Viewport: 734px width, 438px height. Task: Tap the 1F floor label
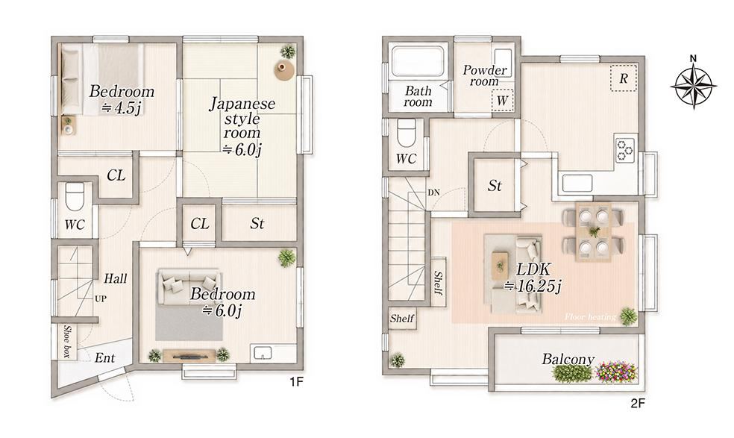click(x=296, y=382)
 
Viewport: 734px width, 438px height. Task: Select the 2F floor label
click(x=638, y=404)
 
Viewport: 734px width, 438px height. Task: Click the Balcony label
click(x=568, y=360)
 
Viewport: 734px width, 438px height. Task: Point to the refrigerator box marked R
click(x=624, y=78)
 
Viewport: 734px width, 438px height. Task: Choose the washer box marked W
click(x=502, y=100)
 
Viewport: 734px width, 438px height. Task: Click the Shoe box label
click(x=66, y=342)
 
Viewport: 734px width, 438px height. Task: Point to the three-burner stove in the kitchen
click(x=625, y=150)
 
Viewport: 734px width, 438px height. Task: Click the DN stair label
click(x=433, y=193)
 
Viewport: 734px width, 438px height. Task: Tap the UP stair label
click(x=101, y=298)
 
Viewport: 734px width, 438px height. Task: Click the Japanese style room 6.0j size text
click(x=242, y=150)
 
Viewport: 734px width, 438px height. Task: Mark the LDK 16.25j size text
click(x=533, y=285)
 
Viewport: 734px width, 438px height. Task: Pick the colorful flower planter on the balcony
click(x=616, y=372)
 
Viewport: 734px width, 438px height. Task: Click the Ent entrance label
click(x=105, y=358)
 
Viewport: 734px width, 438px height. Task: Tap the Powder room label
click(x=485, y=75)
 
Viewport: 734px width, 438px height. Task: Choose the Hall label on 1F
click(x=115, y=279)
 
